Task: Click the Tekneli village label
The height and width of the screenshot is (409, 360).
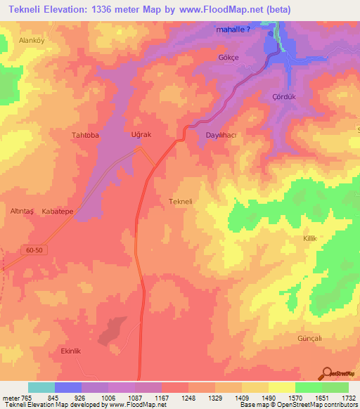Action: point(181,202)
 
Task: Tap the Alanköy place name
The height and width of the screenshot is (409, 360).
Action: point(32,41)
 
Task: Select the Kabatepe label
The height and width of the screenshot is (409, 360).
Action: point(58,211)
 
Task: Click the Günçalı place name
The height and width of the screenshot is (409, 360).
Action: point(309,338)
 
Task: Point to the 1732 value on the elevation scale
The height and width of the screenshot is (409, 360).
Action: point(348,397)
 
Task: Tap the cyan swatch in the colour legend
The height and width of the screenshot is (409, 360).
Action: point(41,387)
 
